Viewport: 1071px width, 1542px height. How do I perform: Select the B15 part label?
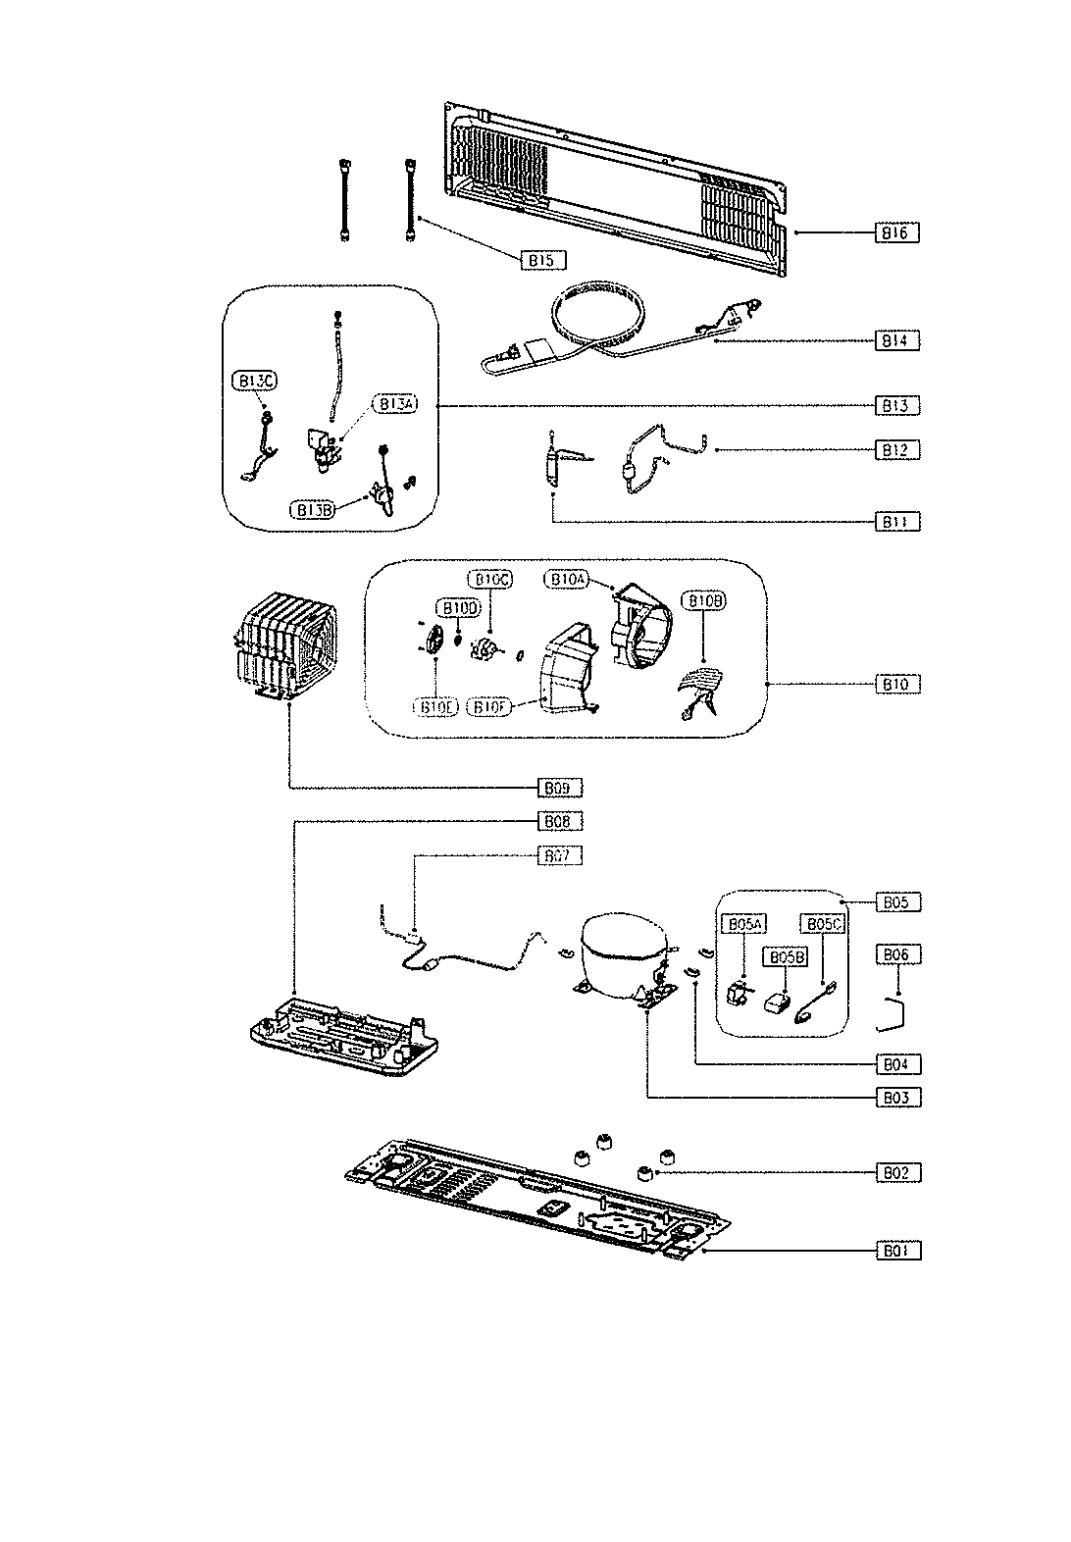click(x=542, y=260)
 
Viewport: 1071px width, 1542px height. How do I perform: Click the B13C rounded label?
click(x=253, y=380)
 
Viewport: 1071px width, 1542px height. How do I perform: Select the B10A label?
click(x=566, y=579)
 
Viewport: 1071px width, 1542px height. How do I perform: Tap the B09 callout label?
click(x=560, y=787)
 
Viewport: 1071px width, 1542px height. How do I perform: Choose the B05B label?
click(x=787, y=956)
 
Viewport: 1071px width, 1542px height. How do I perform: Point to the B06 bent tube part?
click(x=893, y=1013)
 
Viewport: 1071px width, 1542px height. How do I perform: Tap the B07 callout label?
click(x=560, y=855)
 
